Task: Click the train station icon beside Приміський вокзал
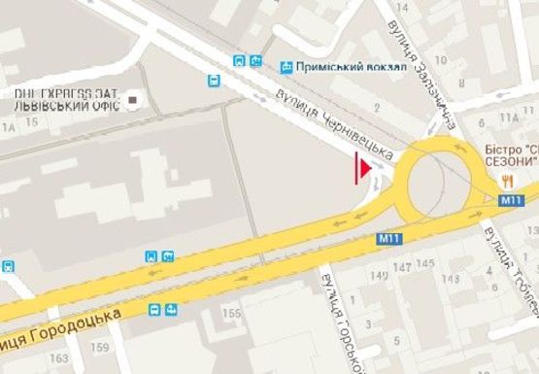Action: (286, 67)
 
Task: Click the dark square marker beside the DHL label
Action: (134, 98)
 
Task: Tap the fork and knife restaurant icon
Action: (507, 181)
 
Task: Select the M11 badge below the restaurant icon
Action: (512, 199)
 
